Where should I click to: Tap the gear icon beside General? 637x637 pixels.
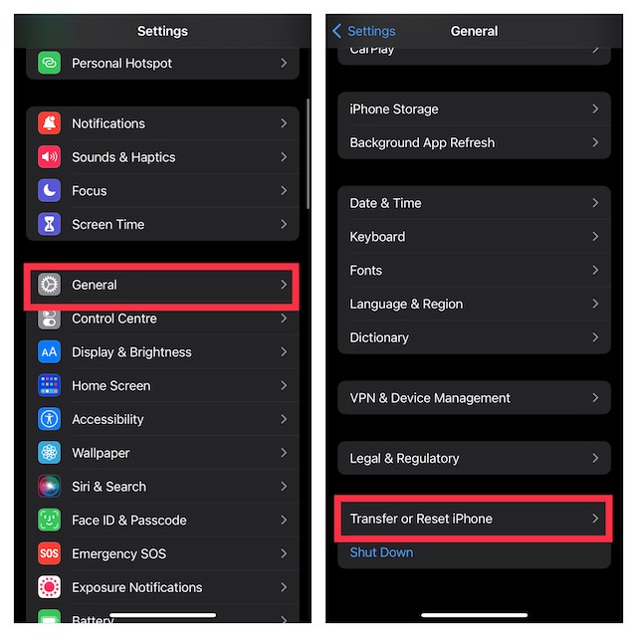(50, 285)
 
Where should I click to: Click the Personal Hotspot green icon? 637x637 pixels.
(50, 63)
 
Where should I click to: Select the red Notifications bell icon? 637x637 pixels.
(50, 123)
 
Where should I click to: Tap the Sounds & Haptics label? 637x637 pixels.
(123, 157)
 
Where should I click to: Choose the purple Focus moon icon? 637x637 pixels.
(50, 191)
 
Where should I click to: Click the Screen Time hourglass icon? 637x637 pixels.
(50, 225)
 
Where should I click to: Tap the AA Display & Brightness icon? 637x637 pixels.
(50, 352)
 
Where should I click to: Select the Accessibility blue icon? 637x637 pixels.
(50, 419)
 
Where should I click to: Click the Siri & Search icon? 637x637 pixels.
(50, 487)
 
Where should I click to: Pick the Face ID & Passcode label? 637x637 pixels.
(128, 520)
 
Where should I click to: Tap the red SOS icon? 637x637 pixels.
(50, 553)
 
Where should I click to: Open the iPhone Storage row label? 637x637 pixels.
(393, 109)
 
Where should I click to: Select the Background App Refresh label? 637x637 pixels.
(422, 142)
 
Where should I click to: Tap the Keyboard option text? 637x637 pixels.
(377, 237)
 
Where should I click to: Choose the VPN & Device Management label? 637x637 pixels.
(430, 398)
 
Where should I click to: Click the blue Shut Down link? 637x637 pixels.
(381, 552)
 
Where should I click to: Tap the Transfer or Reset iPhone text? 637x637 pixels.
(421, 519)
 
